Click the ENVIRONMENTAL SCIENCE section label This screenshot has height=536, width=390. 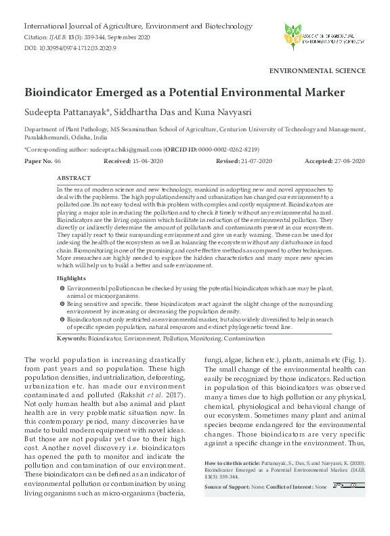(318, 70)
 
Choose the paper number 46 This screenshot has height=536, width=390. (58, 160)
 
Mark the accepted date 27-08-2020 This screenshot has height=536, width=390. (347, 160)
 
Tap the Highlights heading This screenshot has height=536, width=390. (71, 278)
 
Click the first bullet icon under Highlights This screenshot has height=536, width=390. (62, 288)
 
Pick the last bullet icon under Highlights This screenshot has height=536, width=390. (62, 318)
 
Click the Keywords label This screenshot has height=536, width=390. (72, 337)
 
